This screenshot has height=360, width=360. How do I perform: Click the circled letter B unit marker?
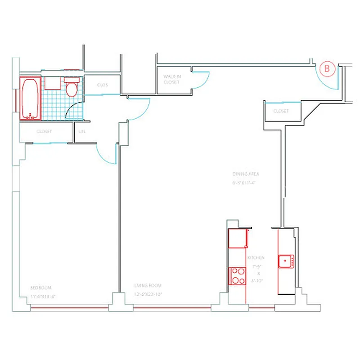pyautogui.click(x=327, y=69)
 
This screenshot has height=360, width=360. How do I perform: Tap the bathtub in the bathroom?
pyautogui.click(x=30, y=99)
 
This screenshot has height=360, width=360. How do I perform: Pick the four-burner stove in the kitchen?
pyautogui.click(x=237, y=275)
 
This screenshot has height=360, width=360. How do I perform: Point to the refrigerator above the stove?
pyautogui.click(x=238, y=238)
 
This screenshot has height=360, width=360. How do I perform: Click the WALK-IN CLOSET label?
pyautogui.click(x=171, y=80)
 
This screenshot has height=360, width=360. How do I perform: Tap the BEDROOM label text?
pyautogui.click(x=41, y=288)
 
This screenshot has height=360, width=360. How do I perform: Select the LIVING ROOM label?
pyautogui.click(x=148, y=285)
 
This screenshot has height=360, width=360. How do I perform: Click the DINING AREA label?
pyautogui.click(x=246, y=174)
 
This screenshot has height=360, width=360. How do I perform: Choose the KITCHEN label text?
pyautogui.click(x=256, y=258)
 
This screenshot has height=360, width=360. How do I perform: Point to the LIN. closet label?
pyautogui.click(x=82, y=132)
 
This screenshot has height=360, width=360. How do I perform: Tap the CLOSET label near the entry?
pyautogui.click(x=281, y=111)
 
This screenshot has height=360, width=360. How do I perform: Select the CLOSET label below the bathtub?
pyautogui.click(x=44, y=132)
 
